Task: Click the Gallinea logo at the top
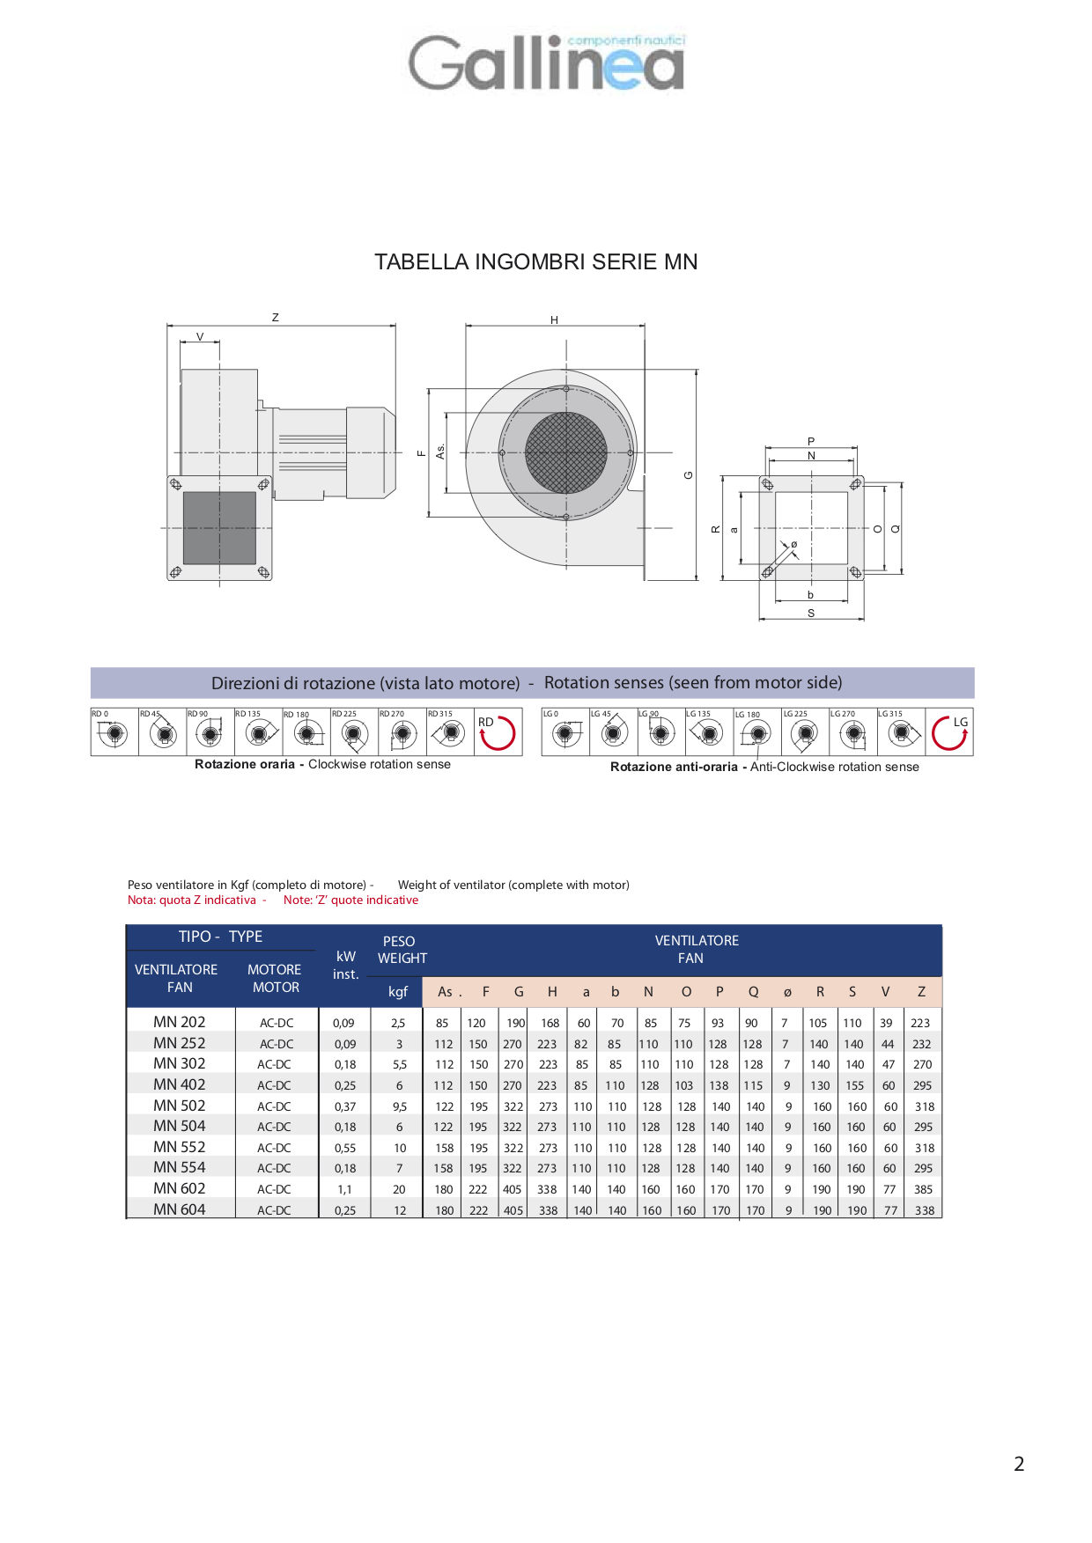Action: tap(546, 62)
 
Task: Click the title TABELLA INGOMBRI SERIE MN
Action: tap(535, 262)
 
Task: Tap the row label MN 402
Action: tap(179, 1084)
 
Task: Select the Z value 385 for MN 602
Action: tap(923, 1189)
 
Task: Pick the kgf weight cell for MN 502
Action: tap(400, 1106)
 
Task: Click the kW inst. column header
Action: tap(345, 966)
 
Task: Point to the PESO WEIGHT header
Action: tap(402, 950)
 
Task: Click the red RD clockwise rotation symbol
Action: tap(498, 732)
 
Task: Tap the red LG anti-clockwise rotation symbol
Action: tap(950, 732)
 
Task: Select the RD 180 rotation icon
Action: tap(306, 732)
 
